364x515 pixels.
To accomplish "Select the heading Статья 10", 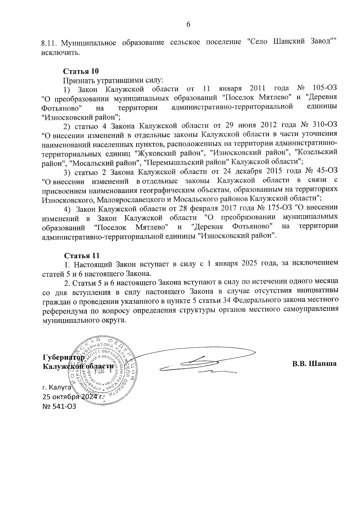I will tap(81, 72).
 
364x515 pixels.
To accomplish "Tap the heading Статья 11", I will tap(81, 255).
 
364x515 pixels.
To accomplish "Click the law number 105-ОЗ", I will tap(325, 89).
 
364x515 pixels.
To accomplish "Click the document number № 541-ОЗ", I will tap(59, 406).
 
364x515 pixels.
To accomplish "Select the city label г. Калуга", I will tap(56, 388).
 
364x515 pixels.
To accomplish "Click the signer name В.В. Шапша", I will tap(315, 364).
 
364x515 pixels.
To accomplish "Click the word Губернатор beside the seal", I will tap(64, 357).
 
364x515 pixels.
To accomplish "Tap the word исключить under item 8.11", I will tap(61, 53).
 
